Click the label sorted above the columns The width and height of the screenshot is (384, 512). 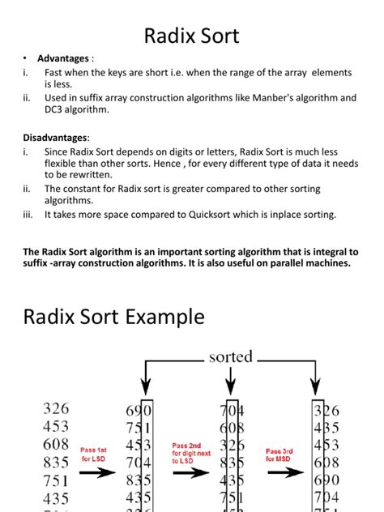pos(230,356)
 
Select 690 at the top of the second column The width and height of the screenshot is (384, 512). pos(138,412)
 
